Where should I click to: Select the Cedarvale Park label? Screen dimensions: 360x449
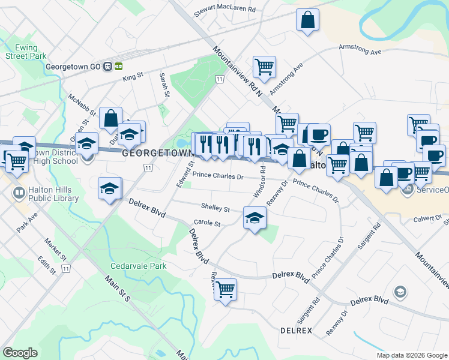[x=137, y=265]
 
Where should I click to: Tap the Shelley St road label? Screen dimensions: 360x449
[x=215, y=208]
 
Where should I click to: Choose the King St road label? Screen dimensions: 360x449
[x=133, y=76]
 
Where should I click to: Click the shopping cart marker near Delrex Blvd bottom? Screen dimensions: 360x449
[x=225, y=290]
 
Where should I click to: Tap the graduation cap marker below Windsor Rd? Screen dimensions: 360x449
[x=255, y=218]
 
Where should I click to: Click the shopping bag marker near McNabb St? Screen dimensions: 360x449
[x=111, y=118]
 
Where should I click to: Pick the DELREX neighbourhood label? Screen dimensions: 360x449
[x=296, y=330]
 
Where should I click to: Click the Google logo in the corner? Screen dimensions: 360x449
[x=20, y=353]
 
